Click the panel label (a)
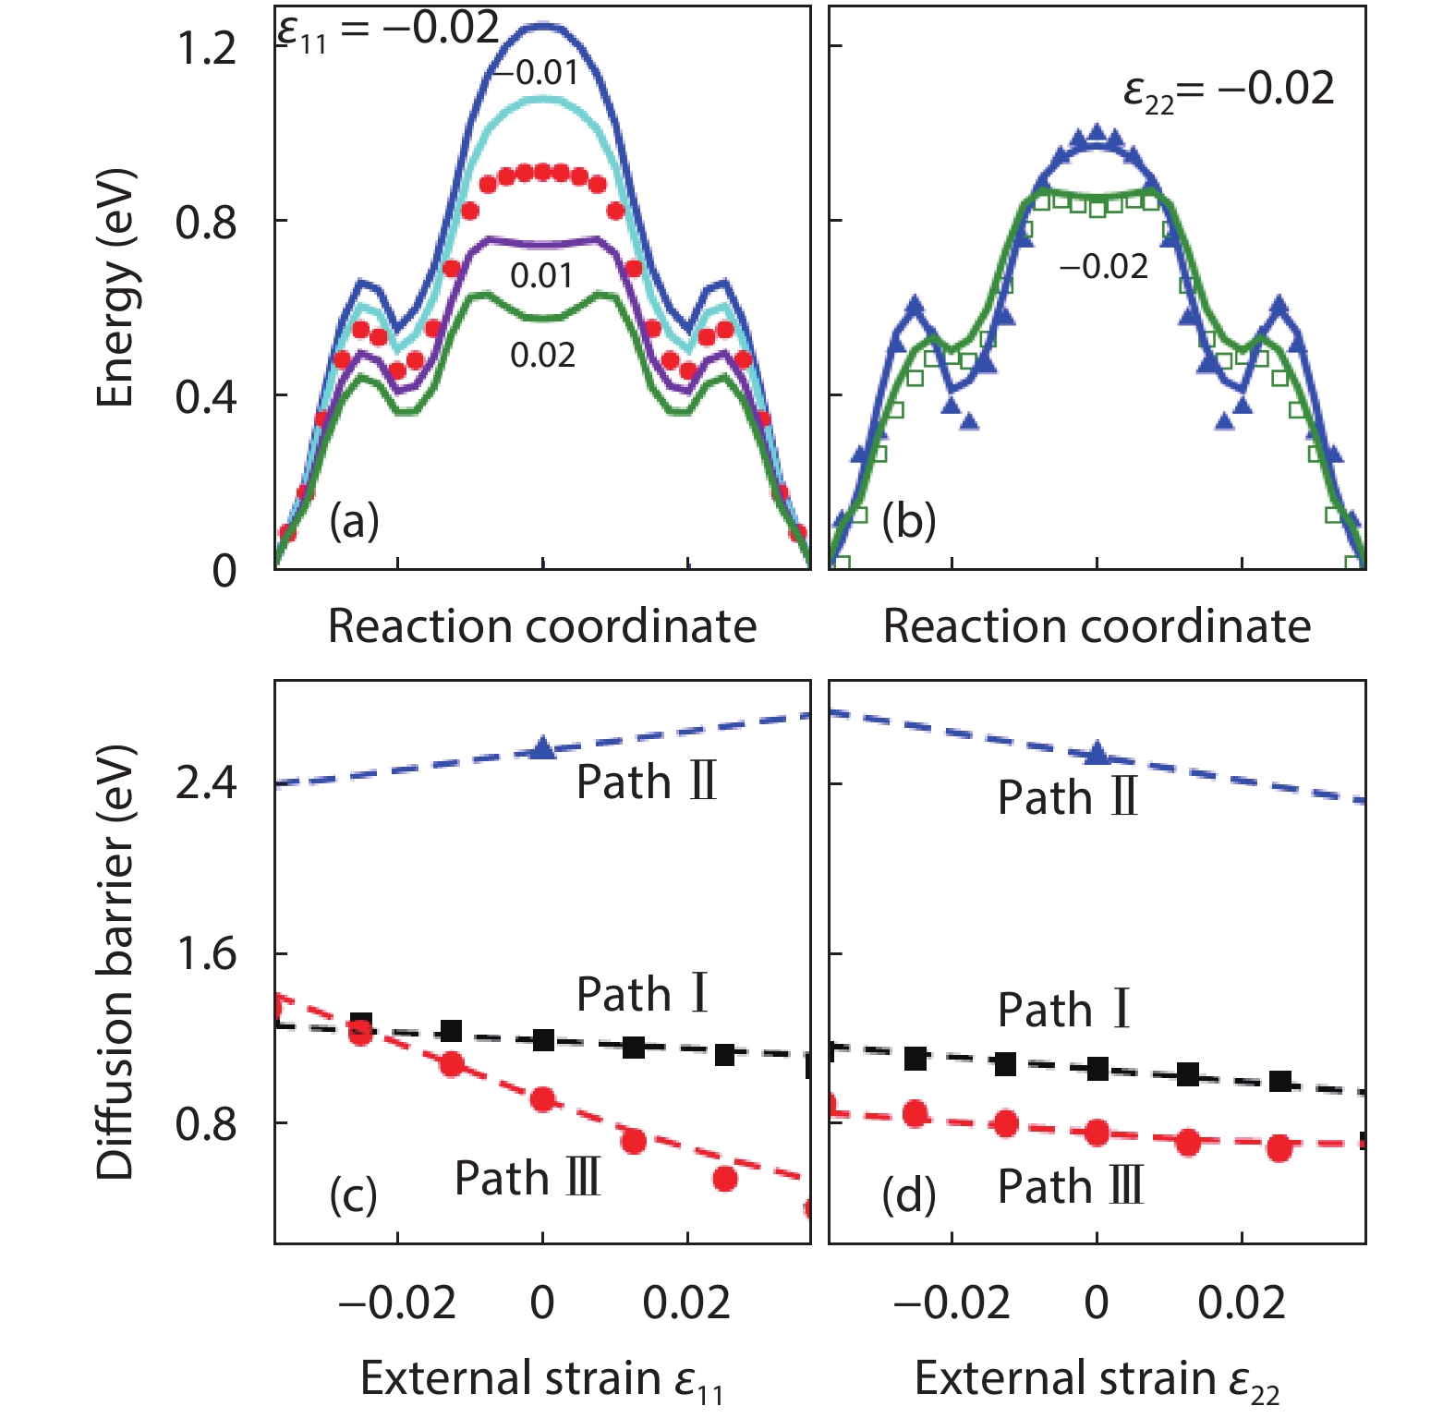click(354, 522)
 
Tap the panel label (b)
click(908, 522)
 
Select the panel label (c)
click(354, 1195)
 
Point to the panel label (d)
click(908, 1195)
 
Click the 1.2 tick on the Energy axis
click(207, 48)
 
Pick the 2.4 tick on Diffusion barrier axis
click(207, 783)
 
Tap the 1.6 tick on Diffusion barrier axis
click(207, 953)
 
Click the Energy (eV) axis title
click(116, 288)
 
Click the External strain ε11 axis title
click(541, 1379)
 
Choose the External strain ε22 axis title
click(1097, 1379)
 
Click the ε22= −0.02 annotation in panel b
click(1229, 91)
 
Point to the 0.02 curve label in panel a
click(543, 356)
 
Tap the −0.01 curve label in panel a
click(536, 73)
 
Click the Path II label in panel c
click(647, 782)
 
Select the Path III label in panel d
click(1071, 1187)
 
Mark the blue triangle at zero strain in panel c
click(543, 749)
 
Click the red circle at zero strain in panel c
click(543, 1099)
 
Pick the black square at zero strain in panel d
click(1097, 1069)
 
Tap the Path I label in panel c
click(643, 994)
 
